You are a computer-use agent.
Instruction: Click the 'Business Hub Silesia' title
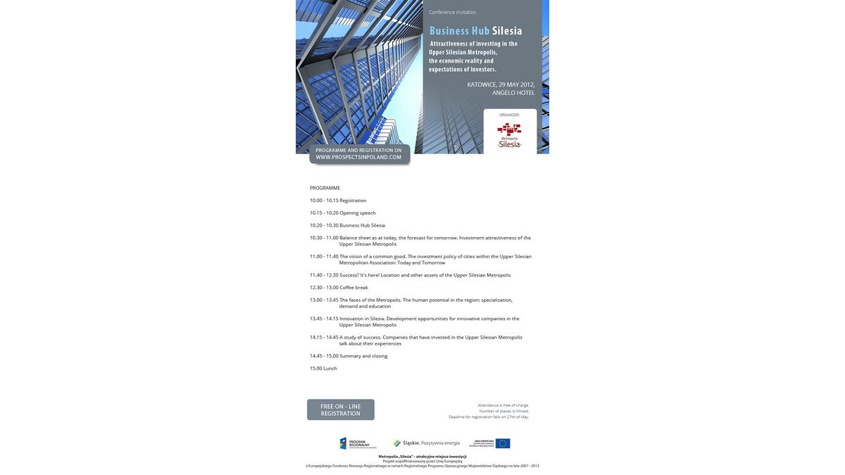(x=475, y=31)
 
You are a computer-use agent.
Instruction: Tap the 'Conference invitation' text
(x=453, y=12)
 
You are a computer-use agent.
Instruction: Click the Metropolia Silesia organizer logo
(x=509, y=134)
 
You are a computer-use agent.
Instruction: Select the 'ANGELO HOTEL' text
(x=513, y=93)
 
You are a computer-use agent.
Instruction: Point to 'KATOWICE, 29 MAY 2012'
(x=501, y=84)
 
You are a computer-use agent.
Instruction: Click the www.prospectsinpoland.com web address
(x=358, y=157)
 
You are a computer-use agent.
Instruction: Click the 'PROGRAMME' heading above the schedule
(x=325, y=188)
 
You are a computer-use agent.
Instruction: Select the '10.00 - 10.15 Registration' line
(x=338, y=201)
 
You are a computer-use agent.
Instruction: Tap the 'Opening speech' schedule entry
(x=358, y=213)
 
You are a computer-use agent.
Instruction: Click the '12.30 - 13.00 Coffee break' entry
(x=339, y=287)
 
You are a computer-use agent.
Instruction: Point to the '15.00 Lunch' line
(x=323, y=368)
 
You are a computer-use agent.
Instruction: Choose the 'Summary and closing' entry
(x=363, y=356)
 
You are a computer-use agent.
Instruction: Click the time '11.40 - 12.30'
(x=324, y=275)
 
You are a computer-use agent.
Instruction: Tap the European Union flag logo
(x=503, y=443)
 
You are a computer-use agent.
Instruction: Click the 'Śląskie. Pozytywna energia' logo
(x=426, y=443)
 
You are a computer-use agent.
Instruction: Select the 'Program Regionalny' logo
(x=358, y=443)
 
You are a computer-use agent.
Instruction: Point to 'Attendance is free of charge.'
(x=503, y=405)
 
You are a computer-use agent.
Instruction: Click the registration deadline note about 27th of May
(x=489, y=417)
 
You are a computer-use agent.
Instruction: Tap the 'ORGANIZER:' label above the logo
(x=509, y=115)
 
